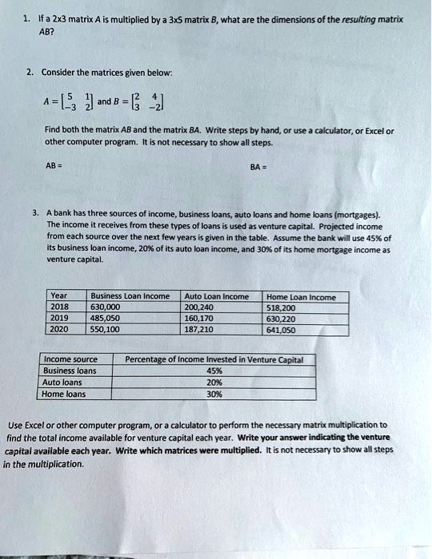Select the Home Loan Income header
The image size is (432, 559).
point(301,295)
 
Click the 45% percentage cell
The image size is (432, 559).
point(214,371)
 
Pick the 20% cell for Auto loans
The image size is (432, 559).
point(214,382)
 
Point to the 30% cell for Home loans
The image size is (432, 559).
point(214,393)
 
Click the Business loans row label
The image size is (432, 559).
point(70,371)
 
